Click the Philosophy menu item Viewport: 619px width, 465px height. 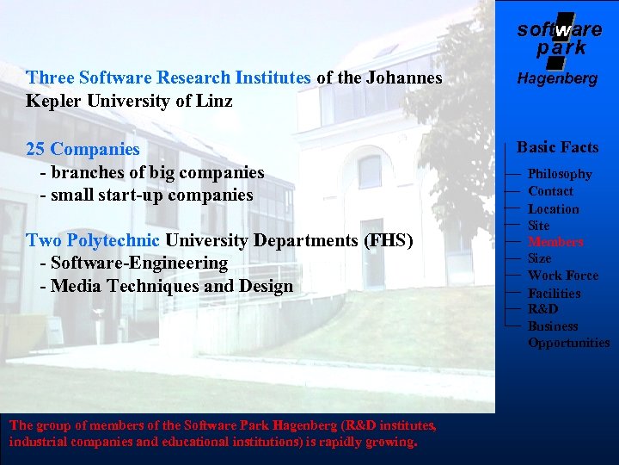pyautogui.click(x=560, y=174)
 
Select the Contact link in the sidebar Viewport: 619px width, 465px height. pyautogui.click(x=550, y=191)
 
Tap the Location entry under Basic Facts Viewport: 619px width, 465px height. pyautogui.click(x=553, y=208)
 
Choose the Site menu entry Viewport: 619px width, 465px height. pyautogui.click(x=538, y=226)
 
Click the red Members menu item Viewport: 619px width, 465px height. pyautogui.click(x=555, y=242)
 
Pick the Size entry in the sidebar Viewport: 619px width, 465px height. pyautogui.click(x=539, y=258)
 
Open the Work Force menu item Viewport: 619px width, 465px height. pyautogui.click(x=562, y=276)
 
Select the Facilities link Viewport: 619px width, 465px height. pyautogui.click(x=554, y=293)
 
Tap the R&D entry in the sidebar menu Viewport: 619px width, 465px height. pyautogui.click(x=542, y=309)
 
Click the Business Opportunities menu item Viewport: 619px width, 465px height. pyautogui.click(x=568, y=334)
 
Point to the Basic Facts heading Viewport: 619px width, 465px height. pyautogui.click(x=557, y=147)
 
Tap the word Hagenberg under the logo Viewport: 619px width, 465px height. pyautogui.click(x=557, y=79)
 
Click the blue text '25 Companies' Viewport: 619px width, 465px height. pyautogui.click(x=83, y=149)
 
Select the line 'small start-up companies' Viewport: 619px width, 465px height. pyautogui.click(x=152, y=195)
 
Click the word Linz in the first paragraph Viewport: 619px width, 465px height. pyautogui.click(x=213, y=100)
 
